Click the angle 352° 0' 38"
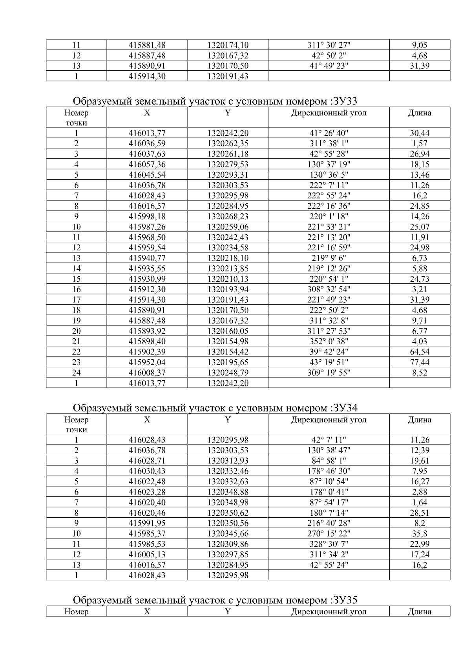pyautogui.click(x=329, y=341)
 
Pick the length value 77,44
pyautogui.click(x=420, y=362)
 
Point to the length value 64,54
pyautogui.click(x=420, y=352)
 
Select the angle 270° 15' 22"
pyautogui.click(x=329, y=533)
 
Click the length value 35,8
pyautogui.click(x=420, y=533)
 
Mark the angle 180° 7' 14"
pyautogui.click(x=329, y=513)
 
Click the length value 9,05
pyautogui.click(x=420, y=45)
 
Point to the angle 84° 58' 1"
pyautogui.click(x=329, y=461)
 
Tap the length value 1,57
pyautogui.click(x=420, y=143)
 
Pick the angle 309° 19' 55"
pyautogui.click(x=329, y=373)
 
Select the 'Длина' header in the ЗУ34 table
pyautogui.click(x=420, y=420)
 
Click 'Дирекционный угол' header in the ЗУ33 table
pyautogui.click(x=329, y=113)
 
